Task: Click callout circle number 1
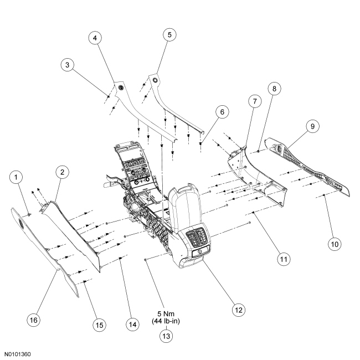point(18,177)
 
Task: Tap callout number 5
point(170,34)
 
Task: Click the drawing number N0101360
point(18,353)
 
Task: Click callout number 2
point(62,172)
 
